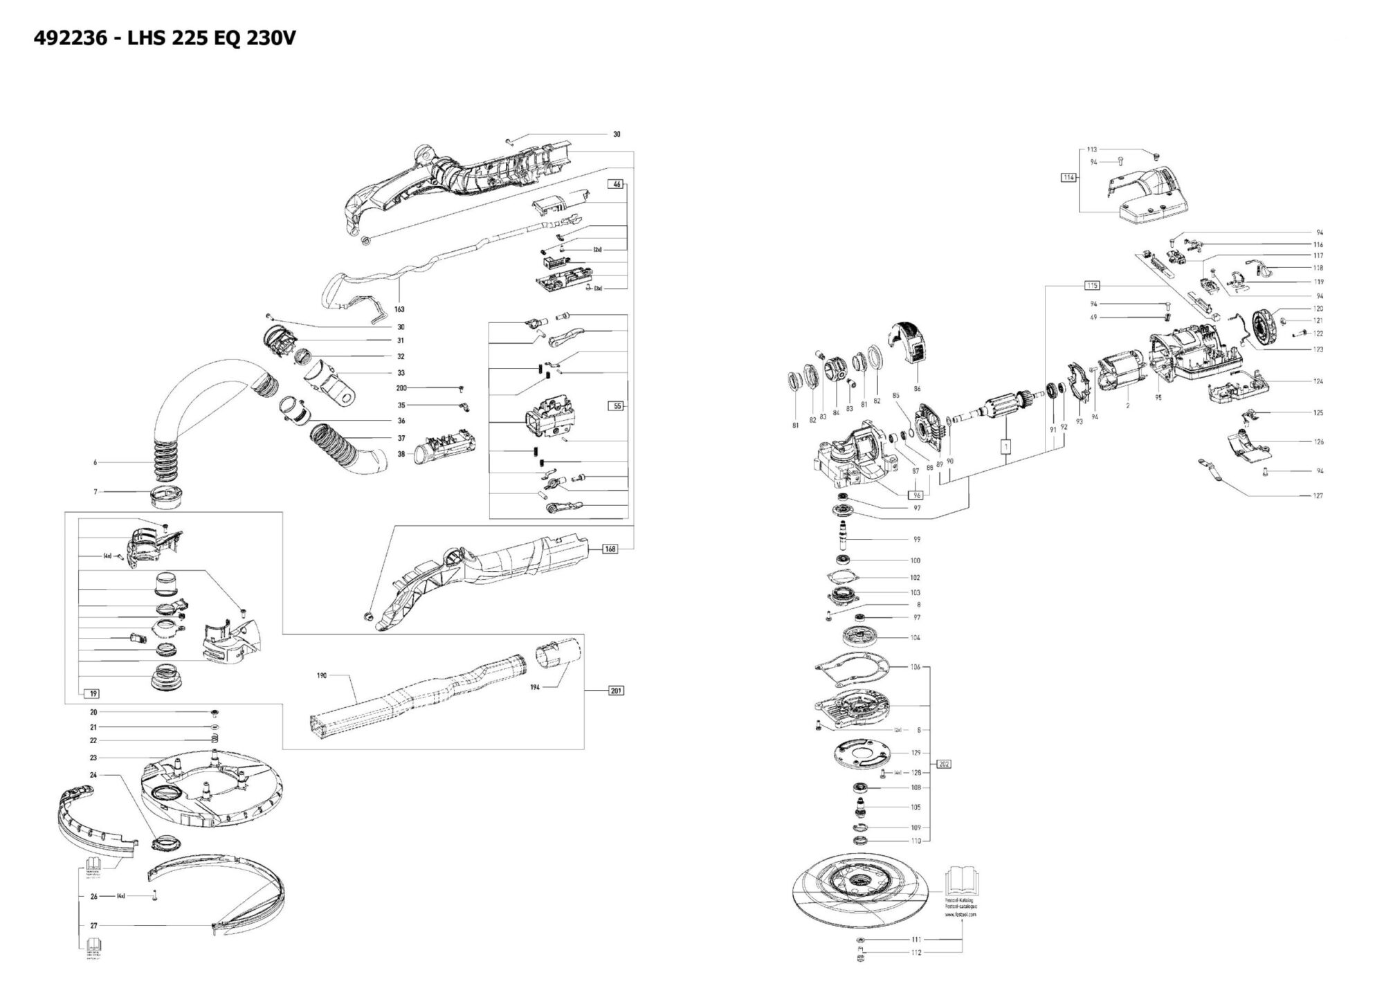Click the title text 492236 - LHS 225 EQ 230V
coord(165,38)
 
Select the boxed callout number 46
coord(617,184)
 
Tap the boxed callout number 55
coord(617,406)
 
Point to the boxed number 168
coord(610,549)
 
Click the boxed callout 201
coord(615,691)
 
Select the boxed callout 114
coord(1068,178)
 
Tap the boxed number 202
coord(945,764)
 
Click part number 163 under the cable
coord(399,309)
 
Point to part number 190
coord(322,675)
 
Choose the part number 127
coord(1318,495)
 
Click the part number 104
coord(915,637)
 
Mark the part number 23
coord(93,758)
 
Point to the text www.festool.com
coord(961,914)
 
